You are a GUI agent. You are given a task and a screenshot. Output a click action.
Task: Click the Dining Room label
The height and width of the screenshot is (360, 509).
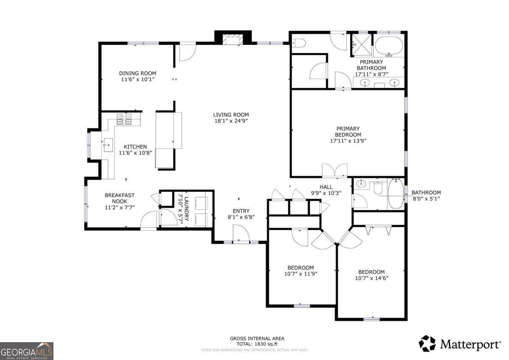[x=137, y=73]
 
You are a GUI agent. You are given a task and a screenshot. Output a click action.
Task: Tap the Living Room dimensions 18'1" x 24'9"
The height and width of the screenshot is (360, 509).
[x=231, y=121]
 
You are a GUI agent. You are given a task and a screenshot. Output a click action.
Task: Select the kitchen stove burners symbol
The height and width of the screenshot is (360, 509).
[x=125, y=120]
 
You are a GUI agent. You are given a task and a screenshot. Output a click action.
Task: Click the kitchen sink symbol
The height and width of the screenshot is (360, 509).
[x=107, y=145]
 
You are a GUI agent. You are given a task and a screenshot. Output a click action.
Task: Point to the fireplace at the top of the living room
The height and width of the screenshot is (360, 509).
[x=233, y=40]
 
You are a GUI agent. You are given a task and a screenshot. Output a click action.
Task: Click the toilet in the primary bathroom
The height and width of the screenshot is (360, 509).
[x=299, y=43]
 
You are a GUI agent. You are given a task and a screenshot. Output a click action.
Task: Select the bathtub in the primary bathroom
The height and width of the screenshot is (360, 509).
[x=389, y=45]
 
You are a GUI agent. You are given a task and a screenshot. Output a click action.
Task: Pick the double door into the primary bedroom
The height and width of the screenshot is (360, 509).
[x=335, y=171]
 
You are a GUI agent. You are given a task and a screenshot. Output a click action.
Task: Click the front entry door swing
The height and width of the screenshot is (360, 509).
[x=240, y=234]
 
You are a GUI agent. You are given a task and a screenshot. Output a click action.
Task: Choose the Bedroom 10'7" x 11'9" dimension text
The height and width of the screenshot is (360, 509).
[x=300, y=274]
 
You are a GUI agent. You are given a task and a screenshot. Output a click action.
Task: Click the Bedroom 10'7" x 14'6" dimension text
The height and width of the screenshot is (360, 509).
[x=371, y=278]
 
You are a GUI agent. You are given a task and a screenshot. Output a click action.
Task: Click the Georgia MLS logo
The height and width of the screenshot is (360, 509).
[x=27, y=351]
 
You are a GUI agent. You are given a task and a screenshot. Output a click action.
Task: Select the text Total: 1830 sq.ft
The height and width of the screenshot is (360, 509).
[x=257, y=344]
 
